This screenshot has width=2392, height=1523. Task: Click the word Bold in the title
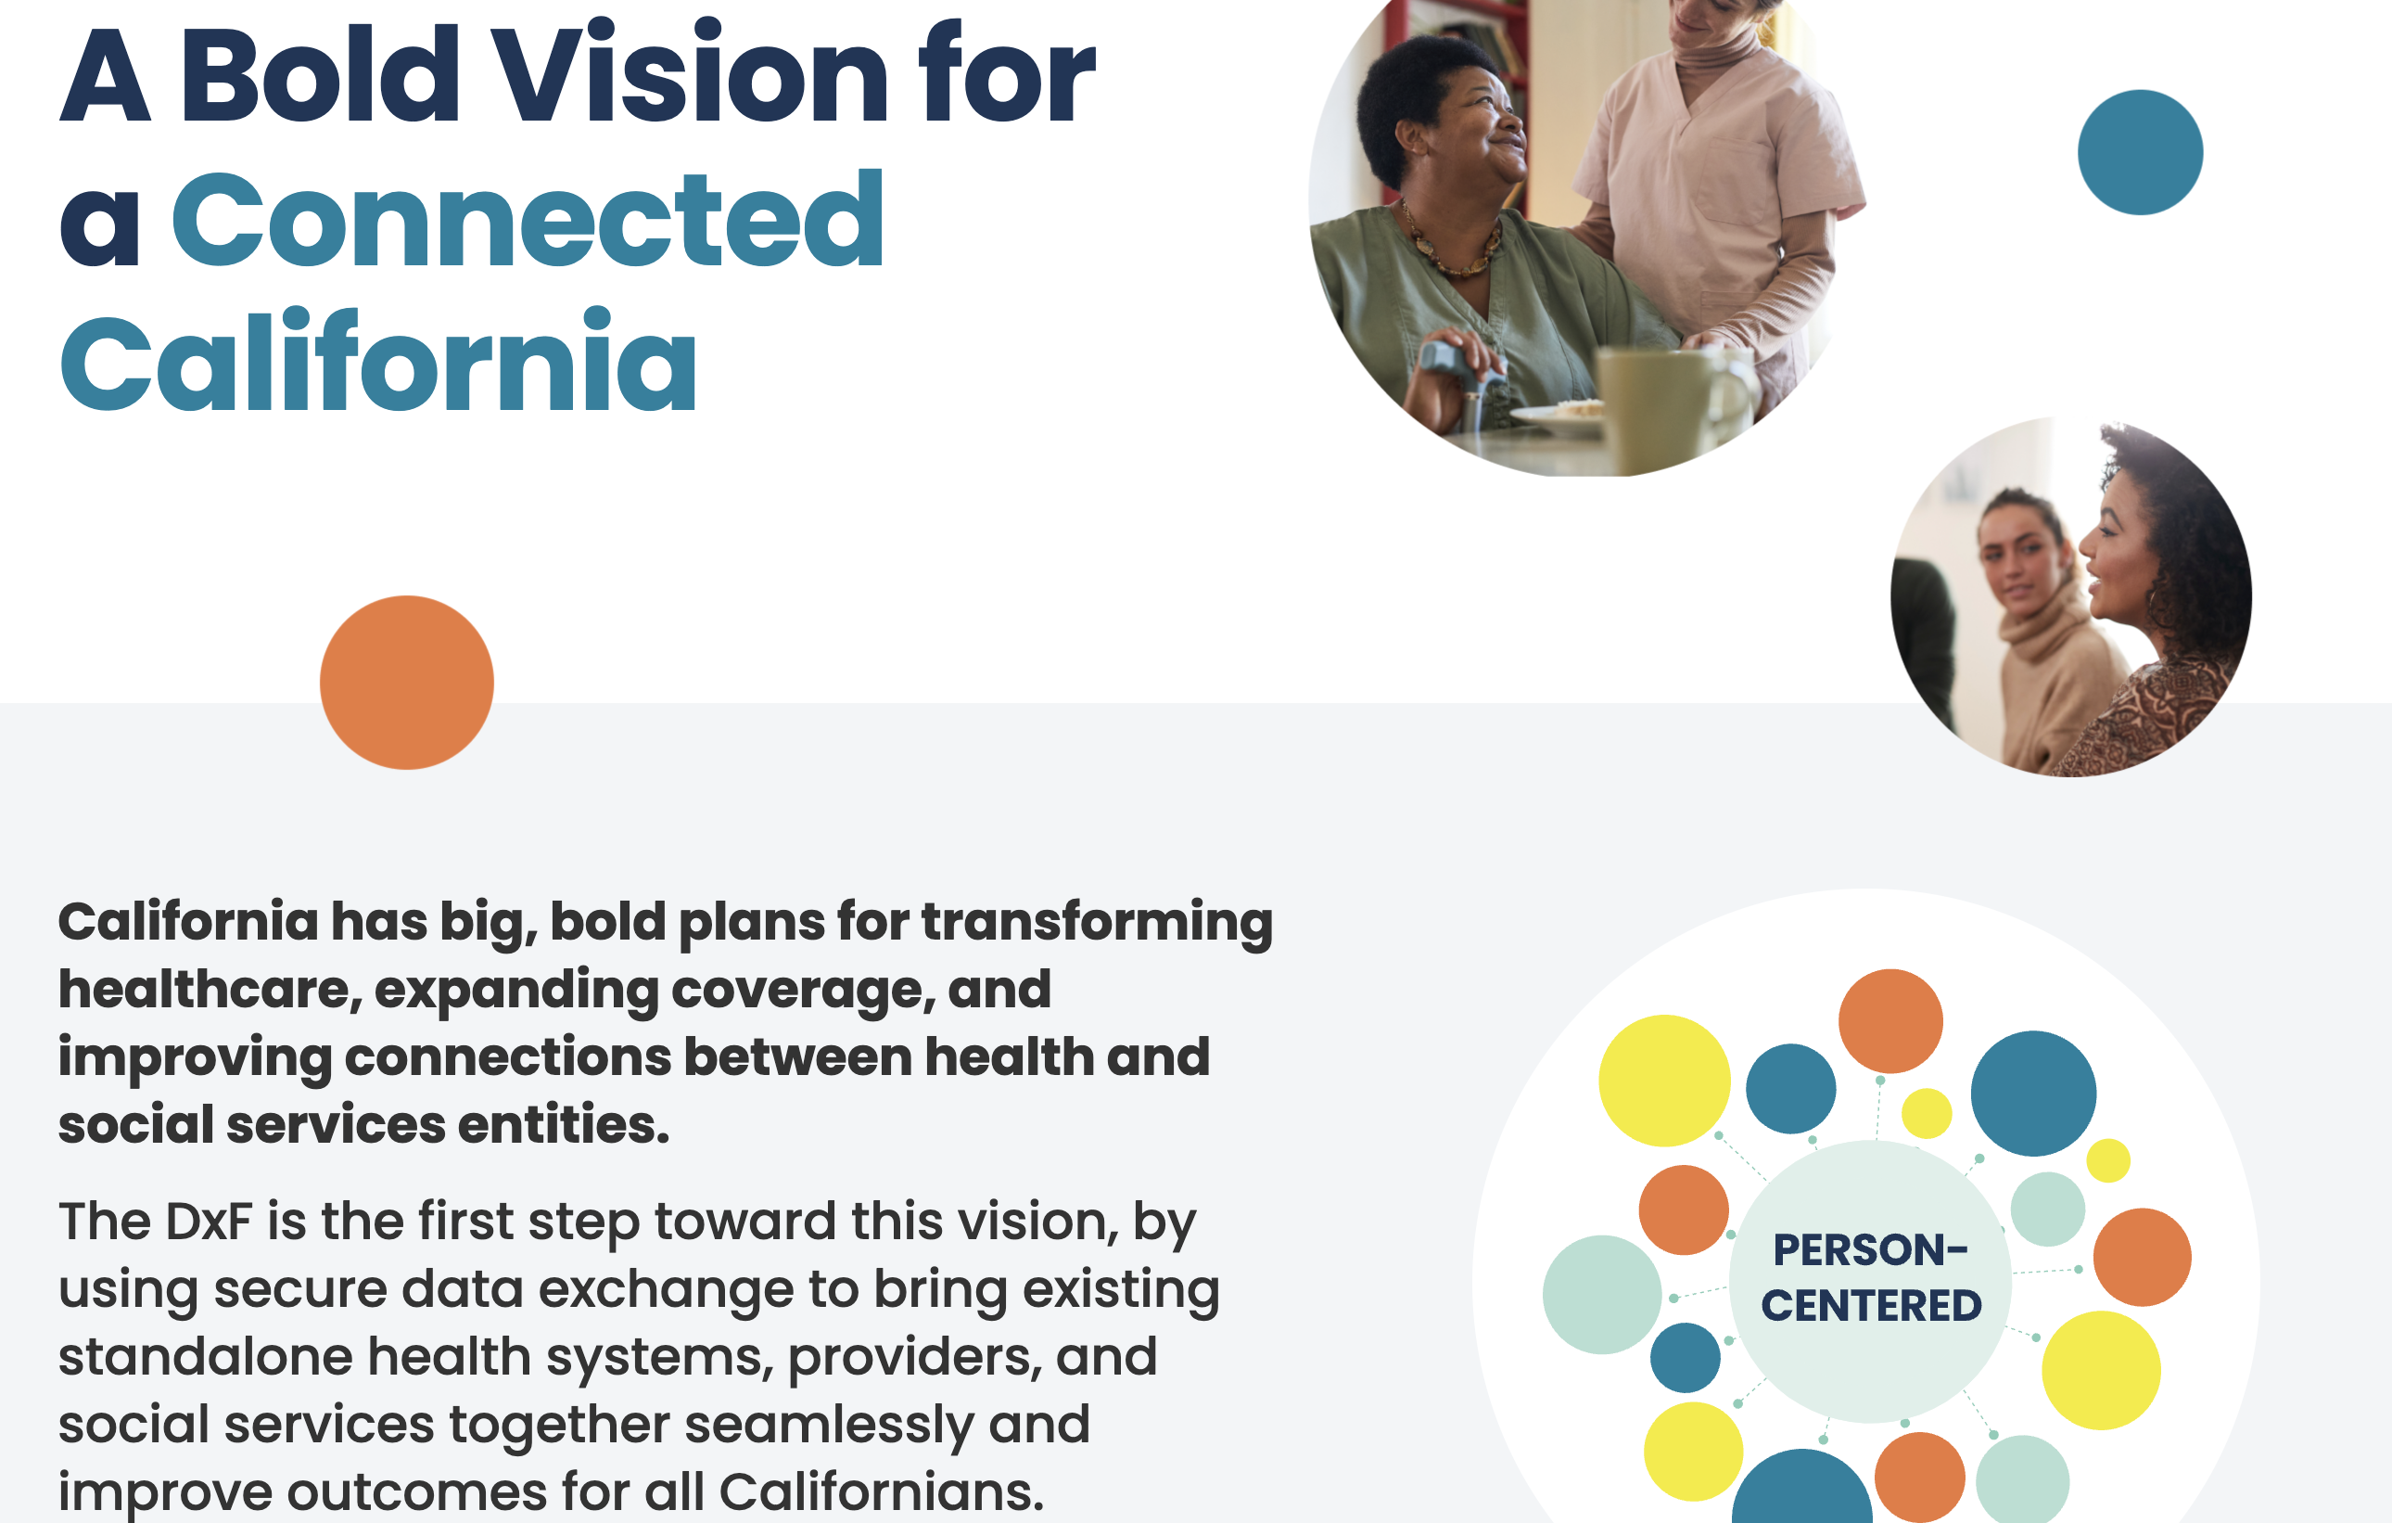coord(320,71)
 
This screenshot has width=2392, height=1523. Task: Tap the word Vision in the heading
coord(692,71)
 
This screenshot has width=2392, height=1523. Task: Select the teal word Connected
coord(528,219)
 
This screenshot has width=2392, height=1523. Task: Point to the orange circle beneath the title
coord(406,683)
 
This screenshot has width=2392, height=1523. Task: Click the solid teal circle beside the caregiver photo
coord(2140,152)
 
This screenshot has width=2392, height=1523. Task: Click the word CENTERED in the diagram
coord(1872,1305)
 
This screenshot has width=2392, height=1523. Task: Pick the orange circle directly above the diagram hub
coord(1890,1020)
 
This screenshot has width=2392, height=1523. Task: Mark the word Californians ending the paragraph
coord(881,1492)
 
